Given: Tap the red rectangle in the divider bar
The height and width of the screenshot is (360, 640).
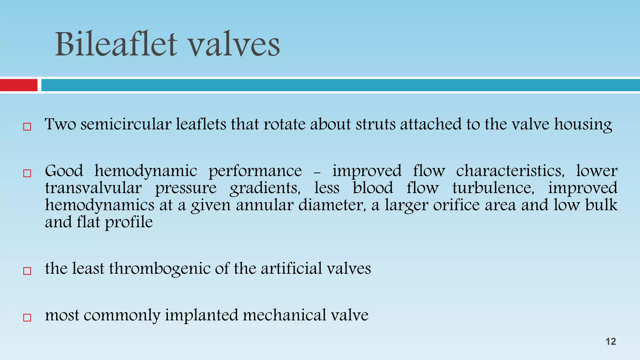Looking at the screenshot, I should (18, 85).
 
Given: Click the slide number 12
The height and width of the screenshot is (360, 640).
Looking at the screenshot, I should (611, 342).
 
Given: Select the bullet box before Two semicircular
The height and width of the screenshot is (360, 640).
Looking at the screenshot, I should (27, 127).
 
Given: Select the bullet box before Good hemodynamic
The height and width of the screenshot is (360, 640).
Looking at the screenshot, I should (27, 173).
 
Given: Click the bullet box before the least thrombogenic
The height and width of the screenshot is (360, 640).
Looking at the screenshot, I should (27, 271).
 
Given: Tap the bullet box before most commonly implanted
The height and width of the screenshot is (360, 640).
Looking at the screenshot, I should (27, 317).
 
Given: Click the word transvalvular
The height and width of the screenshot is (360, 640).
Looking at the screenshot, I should (93, 188).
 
